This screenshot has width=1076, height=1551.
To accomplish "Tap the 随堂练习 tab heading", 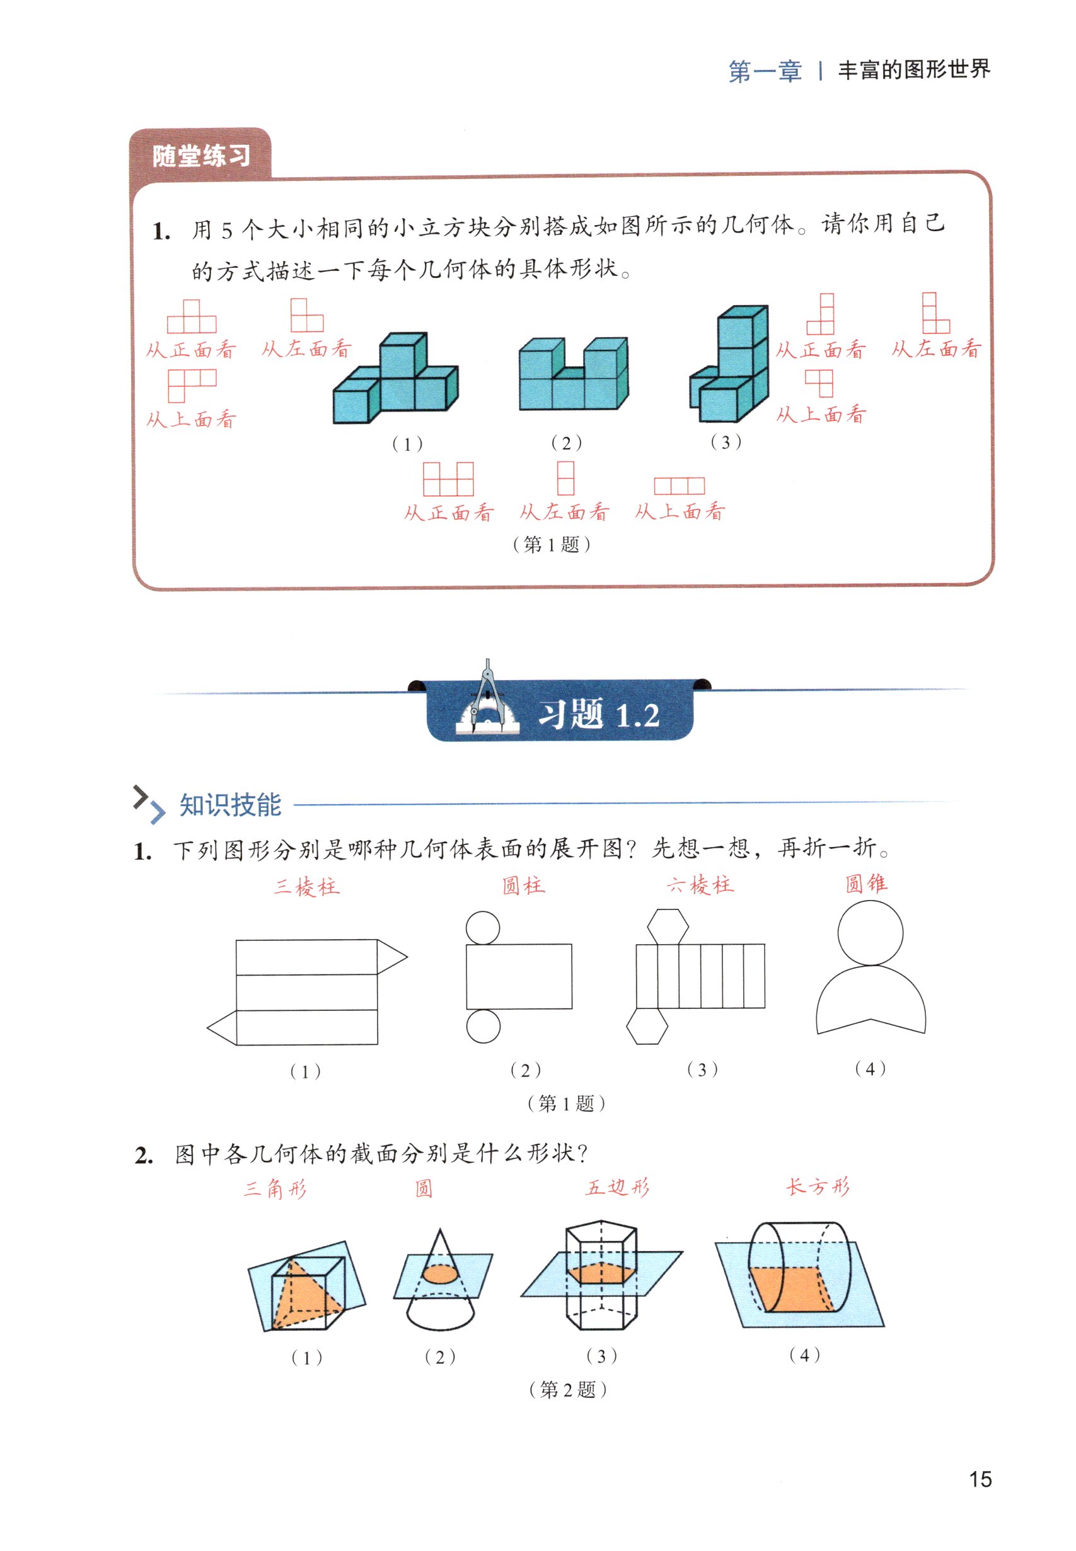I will [x=201, y=156].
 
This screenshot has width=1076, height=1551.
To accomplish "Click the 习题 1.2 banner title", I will [x=598, y=715].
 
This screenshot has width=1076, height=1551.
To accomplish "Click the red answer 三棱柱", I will [x=307, y=886].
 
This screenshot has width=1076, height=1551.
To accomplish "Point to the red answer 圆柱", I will [x=523, y=885].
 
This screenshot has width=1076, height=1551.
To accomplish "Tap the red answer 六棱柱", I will [x=700, y=884].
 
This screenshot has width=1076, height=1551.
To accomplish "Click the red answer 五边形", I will [x=618, y=1187].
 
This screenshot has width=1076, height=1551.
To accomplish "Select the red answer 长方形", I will [x=818, y=1186].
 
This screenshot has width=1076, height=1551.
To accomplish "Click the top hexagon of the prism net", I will [x=668, y=926].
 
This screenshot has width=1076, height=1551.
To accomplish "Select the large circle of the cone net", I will [x=870, y=932].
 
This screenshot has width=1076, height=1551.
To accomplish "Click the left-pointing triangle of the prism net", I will [x=223, y=1028].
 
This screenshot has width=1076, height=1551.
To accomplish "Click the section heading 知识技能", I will [x=230, y=805].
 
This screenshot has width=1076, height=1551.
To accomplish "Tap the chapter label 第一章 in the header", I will [x=765, y=71].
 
